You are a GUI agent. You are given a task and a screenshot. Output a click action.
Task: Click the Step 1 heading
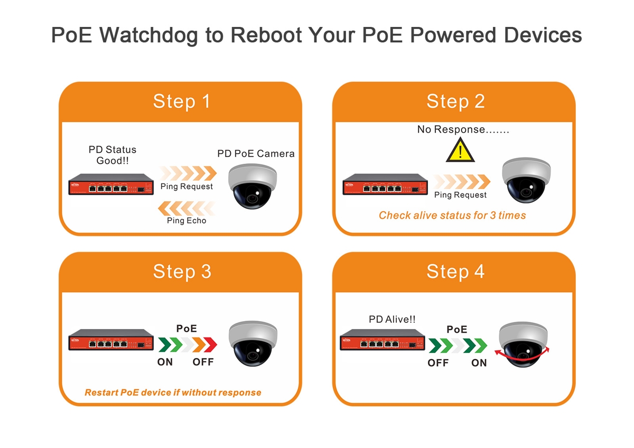coord(181,101)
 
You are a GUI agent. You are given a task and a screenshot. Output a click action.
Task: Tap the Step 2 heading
coord(455,101)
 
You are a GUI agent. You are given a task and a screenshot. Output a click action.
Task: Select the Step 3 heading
coord(182,272)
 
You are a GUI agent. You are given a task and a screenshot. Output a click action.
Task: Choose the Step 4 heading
coord(455,272)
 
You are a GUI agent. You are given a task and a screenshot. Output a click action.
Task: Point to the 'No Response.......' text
coord(463,129)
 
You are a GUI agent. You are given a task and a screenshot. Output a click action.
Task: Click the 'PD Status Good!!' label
coord(112,155)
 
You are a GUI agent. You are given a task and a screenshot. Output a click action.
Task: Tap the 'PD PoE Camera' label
coord(256,154)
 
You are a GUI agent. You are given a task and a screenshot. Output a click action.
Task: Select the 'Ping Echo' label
coord(187,221)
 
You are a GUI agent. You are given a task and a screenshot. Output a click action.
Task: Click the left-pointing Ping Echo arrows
coord(187,208)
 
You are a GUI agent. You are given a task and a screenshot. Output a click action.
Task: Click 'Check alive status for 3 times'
coord(452,216)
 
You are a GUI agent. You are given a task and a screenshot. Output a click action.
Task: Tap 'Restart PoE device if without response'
coord(173,393)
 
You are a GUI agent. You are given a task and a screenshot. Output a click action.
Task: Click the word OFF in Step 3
coord(203,362)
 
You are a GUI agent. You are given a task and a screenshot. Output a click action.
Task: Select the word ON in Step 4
coord(479,363)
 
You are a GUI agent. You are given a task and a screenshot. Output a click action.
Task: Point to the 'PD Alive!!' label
coord(391,320)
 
